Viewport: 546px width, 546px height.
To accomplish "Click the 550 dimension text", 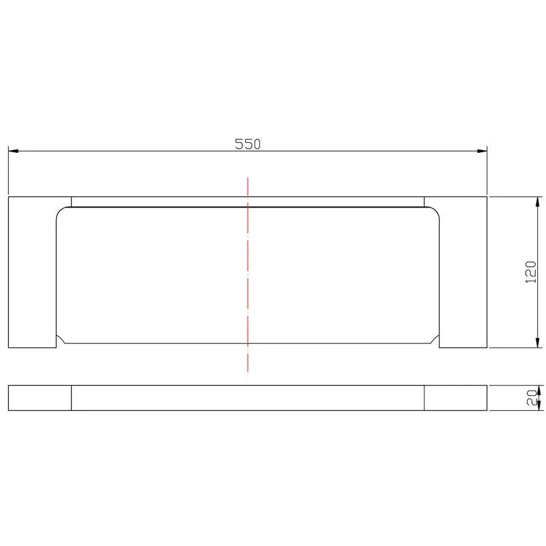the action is click(248, 144).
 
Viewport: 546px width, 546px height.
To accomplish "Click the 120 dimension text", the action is click(531, 272).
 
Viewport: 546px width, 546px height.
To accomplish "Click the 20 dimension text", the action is click(532, 398).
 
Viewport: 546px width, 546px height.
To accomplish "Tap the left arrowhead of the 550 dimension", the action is click(13, 151).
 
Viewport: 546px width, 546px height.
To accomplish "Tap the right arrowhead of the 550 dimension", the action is click(482, 151).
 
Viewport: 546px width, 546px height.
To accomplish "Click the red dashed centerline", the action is click(248, 274).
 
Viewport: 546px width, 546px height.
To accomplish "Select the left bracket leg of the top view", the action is click(32, 272).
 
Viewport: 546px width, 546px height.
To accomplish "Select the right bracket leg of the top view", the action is click(463, 272).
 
